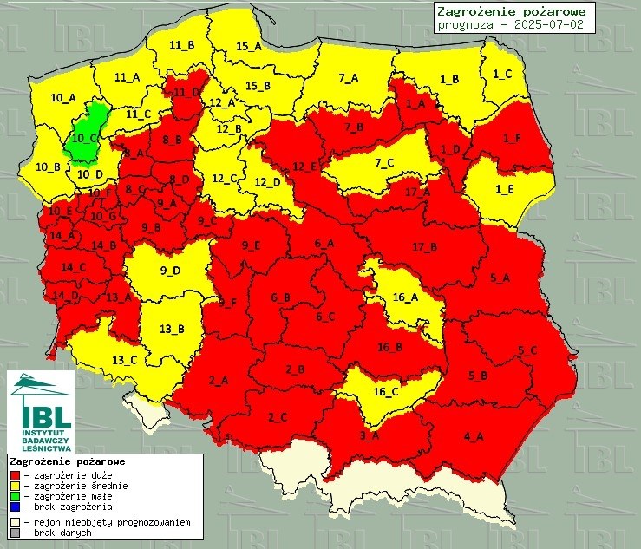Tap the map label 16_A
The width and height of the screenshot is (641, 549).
point(405,297)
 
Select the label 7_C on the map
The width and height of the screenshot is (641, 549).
point(384,163)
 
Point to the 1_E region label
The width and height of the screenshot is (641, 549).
point(503,189)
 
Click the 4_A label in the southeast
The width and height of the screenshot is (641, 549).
point(474,435)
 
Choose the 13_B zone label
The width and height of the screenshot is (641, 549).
point(173,329)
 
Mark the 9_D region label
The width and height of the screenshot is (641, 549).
point(171,271)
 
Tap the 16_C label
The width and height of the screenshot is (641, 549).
point(386,391)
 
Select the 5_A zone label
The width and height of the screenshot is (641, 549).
point(500,278)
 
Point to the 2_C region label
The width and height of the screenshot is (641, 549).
point(278,417)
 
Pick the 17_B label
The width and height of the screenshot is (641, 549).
point(425,247)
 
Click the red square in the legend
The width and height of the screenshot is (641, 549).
point(14,475)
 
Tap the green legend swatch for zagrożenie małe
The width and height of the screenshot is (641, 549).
point(14,496)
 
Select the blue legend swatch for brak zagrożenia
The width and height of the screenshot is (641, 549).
point(14,507)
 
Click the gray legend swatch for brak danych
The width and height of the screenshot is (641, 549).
point(14,533)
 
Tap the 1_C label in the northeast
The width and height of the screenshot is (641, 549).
point(502,74)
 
